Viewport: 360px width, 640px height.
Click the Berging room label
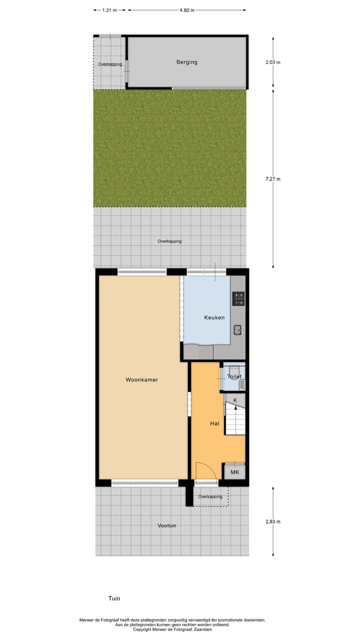tap(186, 62)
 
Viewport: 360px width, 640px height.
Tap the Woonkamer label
tap(142, 380)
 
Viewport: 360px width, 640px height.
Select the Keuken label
tap(214, 318)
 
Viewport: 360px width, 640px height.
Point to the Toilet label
tap(234, 377)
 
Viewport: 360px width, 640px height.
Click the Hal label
tap(214, 423)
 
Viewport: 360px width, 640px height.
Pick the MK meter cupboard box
tap(234, 472)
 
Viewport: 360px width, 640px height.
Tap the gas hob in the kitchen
tap(238, 298)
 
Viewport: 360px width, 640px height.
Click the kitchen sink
tap(238, 329)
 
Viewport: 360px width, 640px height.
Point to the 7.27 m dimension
tap(273, 179)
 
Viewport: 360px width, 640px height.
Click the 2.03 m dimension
tap(273, 62)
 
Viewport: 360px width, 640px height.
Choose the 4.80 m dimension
tap(186, 10)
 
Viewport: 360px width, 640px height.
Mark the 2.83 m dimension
tap(273, 521)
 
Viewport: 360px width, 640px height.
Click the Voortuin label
tap(166, 526)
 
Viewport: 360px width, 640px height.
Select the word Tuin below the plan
tap(114, 598)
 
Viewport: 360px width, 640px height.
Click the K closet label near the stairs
tap(235, 400)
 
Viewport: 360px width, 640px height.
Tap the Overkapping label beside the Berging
tap(110, 64)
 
